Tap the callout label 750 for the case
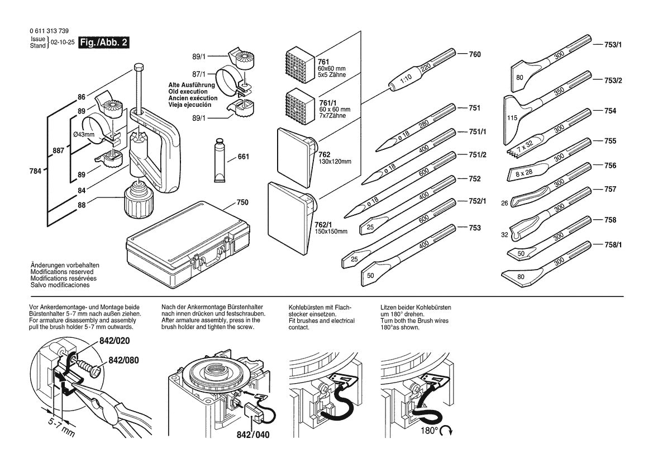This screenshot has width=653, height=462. click(x=242, y=202)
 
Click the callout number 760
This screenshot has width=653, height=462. click(x=474, y=55)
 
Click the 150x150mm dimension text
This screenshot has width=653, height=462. click(x=331, y=232)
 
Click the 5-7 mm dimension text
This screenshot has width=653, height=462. click(x=60, y=429)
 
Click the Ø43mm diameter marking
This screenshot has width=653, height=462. click(x=85, y=135)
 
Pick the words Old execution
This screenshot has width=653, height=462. click(x=188, y=92)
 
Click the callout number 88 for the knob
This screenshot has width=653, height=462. click(x=82, y=205)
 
